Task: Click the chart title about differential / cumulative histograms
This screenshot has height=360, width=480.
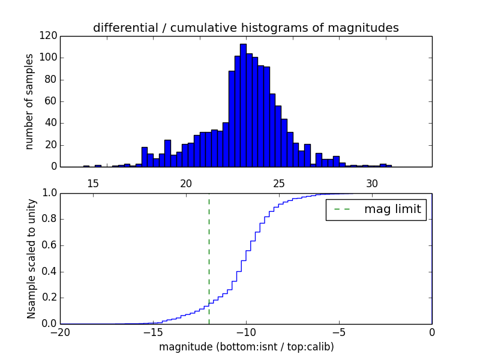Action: [245, 28]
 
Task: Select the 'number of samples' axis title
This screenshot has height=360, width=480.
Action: [29, 101]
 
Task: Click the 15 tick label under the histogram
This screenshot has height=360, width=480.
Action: [93, 184]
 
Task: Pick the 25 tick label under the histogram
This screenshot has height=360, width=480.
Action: [279, 184]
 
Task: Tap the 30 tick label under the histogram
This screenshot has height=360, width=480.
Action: [372, 184]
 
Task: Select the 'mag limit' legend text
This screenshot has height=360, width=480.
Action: [392, 209]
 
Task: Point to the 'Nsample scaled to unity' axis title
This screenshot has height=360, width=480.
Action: [31, 258]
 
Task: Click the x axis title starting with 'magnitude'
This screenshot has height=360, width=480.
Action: [246, 347]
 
